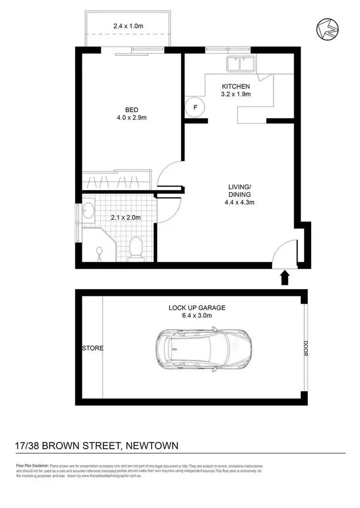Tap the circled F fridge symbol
pos(195,107)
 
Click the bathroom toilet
pos(136,248)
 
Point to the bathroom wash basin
pos(89,211)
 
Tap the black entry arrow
pos(284,277)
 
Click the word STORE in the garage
pos(93,348)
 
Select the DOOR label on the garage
pos(305,348)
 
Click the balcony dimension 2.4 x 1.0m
pos(128,26)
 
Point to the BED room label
pos(132,110)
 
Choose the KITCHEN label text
pos(236,86)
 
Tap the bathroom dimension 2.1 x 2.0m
pos(125,217)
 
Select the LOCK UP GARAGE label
pos(197,307)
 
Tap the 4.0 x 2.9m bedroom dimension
pos(132,118)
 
